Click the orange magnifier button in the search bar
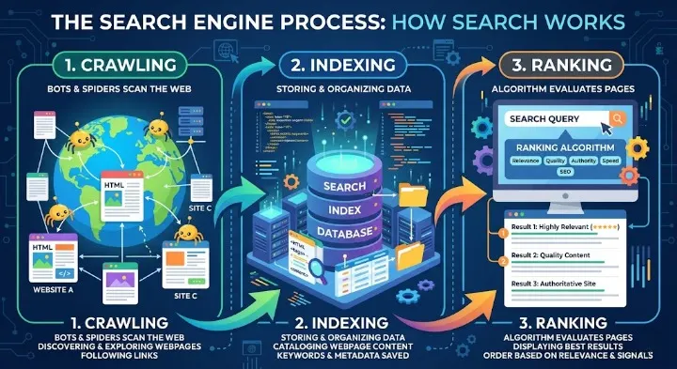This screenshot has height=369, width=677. point(617,118)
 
